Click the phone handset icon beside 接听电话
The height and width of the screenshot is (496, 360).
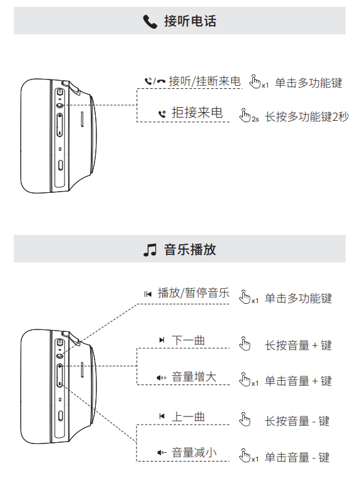click(x=150, y=21)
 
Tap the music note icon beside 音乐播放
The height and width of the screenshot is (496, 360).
click(x=150, y=250)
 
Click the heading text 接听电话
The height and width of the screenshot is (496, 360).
click(x=190, y=21)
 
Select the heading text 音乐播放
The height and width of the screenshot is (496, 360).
click(x=190, y=250)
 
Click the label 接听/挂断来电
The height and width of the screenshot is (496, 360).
click(x=205, y=81)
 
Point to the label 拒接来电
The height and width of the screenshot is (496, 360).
click(x=197, y=113)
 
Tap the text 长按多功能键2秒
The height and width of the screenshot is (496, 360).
click(x=307, y=116)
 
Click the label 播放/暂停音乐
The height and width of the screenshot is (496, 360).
click(x=193, y=293)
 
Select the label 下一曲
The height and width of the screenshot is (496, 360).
click(x=188, y=340)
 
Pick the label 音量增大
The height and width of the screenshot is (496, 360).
click(x=194, y=377)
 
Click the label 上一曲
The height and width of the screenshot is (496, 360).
click(x=188, y=416)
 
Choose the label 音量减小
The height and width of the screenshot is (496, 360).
click(x=194, y=453)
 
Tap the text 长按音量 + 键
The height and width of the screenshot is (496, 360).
click(x=298, y=346)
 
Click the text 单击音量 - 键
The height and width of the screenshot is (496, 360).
click(x=297, y=457)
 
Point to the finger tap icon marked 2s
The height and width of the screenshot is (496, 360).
click(x=249, y=116)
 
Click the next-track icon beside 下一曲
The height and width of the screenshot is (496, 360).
click(x=162, y=340)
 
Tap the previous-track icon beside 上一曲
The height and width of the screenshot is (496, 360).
click(x=162, y=416)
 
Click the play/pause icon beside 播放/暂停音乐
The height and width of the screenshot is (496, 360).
click(x=148, y=294)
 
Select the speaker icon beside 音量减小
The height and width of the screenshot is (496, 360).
click(x=162, y=453)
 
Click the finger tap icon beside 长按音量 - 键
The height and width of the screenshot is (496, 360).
click(x=245, y=420)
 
